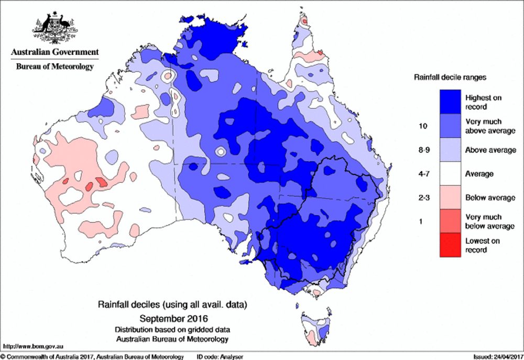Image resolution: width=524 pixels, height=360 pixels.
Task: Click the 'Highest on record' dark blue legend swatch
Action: click(x=449, y=101)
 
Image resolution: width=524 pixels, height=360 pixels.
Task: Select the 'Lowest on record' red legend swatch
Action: click(x=449, y=245)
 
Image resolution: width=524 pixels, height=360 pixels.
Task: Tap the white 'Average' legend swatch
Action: click(x=449, y=173)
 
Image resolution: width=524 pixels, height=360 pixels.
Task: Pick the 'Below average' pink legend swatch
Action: click(x=449, y=198)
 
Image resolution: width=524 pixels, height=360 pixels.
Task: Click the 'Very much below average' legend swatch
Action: click(x=449, y=221)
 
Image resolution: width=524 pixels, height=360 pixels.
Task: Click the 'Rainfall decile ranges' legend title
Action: click(x=450, y=77)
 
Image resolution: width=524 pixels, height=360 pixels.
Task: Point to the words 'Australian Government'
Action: click(x=55, y=52)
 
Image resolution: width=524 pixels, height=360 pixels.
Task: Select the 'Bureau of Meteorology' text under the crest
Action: click(x=55, y=67)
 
